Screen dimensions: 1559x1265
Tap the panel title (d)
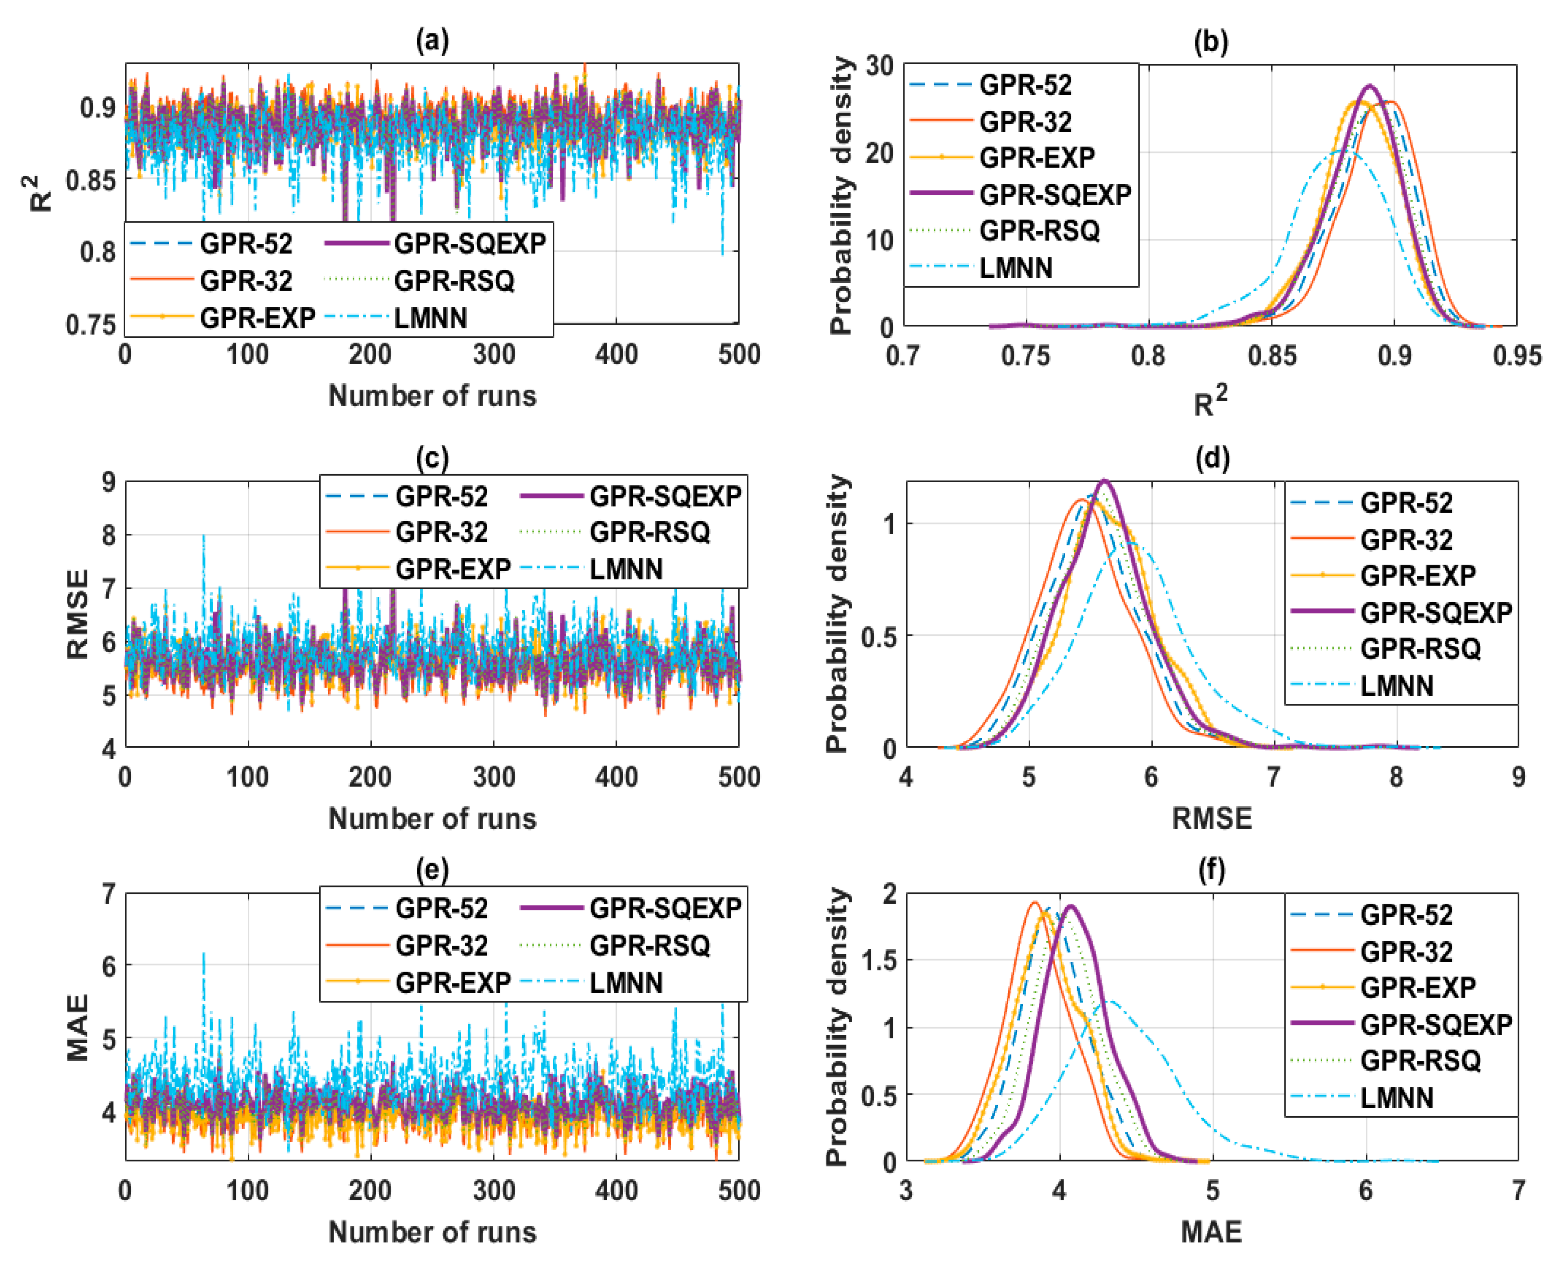click(x=1212, y=458)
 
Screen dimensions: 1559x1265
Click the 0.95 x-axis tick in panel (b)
click(x=1516, y=356)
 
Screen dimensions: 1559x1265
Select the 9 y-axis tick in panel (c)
click(x=109, y=482)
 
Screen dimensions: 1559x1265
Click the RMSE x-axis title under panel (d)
click(x=1212, y=817)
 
